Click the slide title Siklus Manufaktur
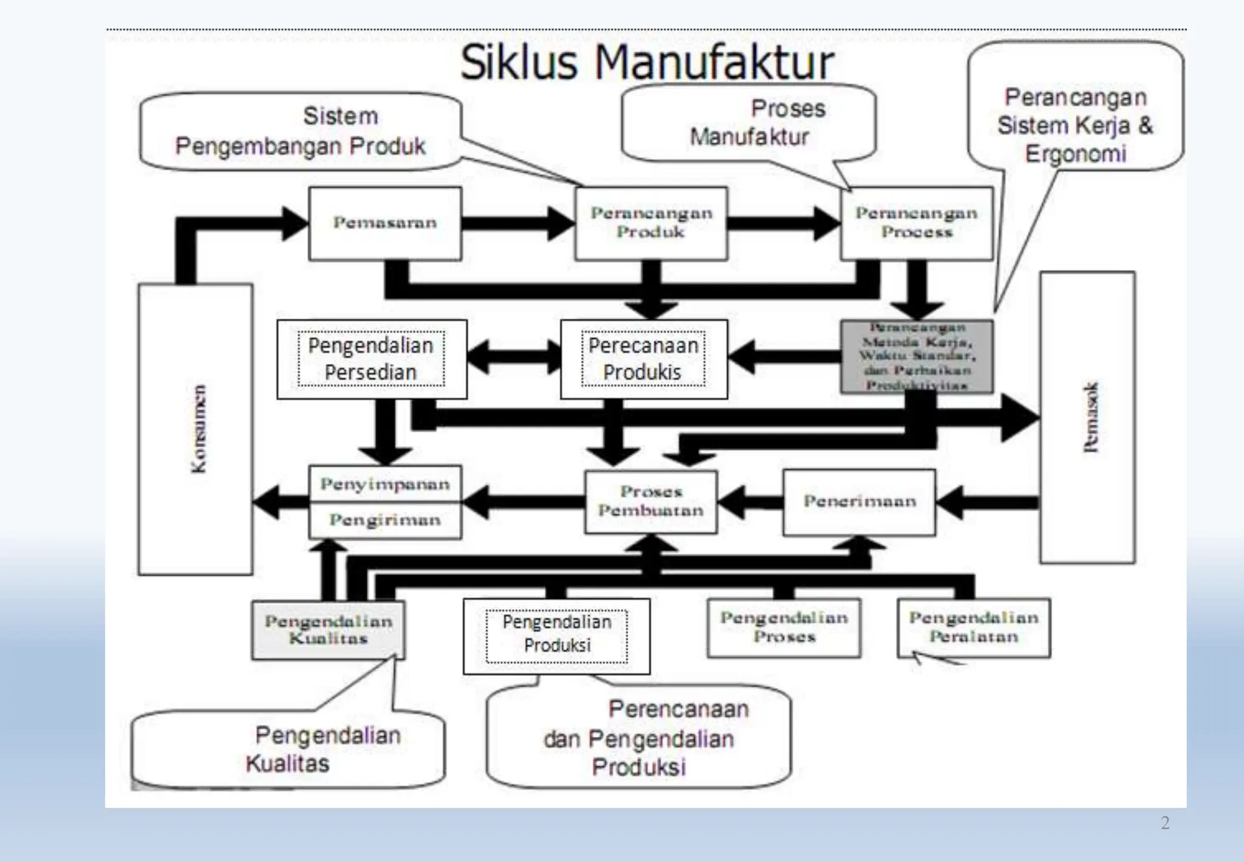(x=647, y=63)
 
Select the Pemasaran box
(x=385, y=223)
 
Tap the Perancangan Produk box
(x=651, y=223)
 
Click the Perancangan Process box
(x=916, y=223)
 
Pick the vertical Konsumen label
(x=198, y=429)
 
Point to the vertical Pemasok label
(x=1090, y=417)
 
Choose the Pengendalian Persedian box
(x=371, y=359)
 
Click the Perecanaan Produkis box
(x=643, y=359)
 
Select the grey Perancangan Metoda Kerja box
(x=917, y=357)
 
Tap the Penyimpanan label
(x=385, y=484)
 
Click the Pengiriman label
(x=385, y=520)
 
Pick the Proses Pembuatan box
(x=651, y=502)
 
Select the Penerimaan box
(x=860, y=502)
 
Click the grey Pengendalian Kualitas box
(x=328, y=630)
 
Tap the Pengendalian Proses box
(x=784, y=627)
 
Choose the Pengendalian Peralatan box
(x=974, y=627)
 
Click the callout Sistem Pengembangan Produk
(x=301, y=131)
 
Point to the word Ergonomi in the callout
(x=1076, y=154)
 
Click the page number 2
(x=1164, y=823)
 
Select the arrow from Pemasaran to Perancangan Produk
(x=516, y=223)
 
